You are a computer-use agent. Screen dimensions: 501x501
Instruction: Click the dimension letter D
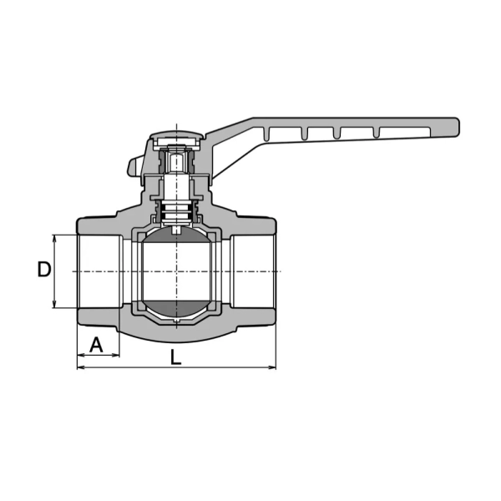pos(44,269)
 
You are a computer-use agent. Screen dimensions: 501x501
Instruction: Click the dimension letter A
pos(96,344)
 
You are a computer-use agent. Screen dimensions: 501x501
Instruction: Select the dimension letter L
pos(175,357)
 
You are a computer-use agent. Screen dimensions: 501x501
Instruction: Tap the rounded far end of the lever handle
pos(456,127)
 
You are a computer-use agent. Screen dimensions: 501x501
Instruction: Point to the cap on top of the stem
pos(176,134)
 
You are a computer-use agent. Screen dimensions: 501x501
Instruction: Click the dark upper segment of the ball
pos(176,235)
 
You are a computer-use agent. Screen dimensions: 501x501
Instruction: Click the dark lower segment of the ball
pos(176,308)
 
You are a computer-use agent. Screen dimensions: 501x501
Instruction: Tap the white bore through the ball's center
pos(176,271)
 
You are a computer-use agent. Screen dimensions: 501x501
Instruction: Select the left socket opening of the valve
pos(99,271)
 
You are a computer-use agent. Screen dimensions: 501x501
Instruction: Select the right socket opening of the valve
pos(253,271)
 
